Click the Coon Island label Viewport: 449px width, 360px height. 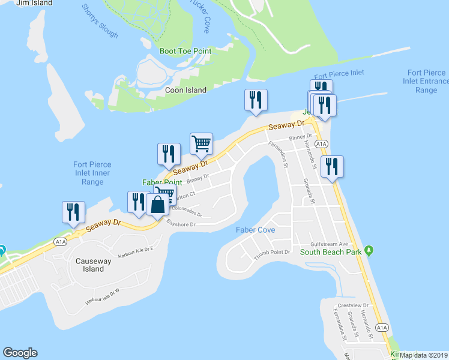pyautogui.click(x=185, y=91)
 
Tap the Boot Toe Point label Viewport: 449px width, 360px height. pyautogui.click(x=185, y=52)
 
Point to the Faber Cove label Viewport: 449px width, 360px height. pyautogui.click(x=255, y=230)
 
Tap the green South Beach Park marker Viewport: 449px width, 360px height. pyautogui.click(x=370, y=249)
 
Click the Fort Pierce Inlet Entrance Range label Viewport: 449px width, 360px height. pyautogui.click(x=426, y=82)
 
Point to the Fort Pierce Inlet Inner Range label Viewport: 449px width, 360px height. pyautogui.click(x=92, y=173)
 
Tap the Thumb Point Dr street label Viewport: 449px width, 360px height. pyautogui.click(x=273, y=253)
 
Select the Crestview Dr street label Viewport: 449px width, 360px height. pyautogui.click(x=353, y=305)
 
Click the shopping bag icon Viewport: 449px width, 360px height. pyautogui.click(x=157, y=204)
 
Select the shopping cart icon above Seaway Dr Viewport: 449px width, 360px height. pyautogui.click(x=201, y=144)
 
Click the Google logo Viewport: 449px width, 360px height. pyautogui.click(x=20, y=353)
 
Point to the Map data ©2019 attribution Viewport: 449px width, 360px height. pyautogui.click(x=423, y=355)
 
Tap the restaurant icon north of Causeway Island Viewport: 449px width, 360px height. pyautogui.click(x=74, y=212)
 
